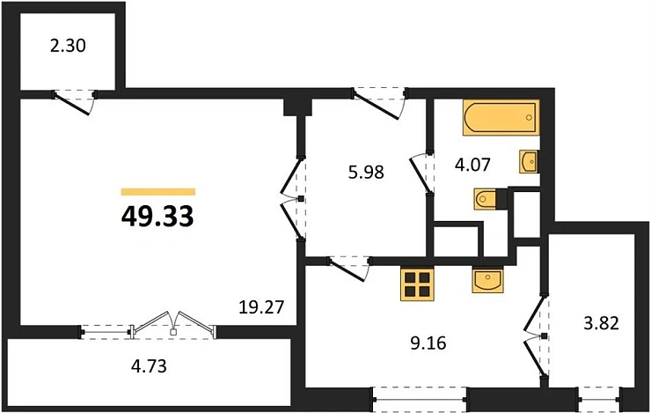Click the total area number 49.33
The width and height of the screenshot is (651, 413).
(157, 215)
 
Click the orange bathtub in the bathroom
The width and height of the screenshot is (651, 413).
(498, 118)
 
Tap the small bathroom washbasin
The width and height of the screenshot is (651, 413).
(530, 162)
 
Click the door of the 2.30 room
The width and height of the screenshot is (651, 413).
(75, 100)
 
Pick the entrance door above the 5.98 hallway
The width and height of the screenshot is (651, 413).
(379, 98)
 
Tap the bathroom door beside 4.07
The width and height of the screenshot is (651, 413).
(423, 172)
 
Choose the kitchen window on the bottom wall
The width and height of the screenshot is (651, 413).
(420, 399)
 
